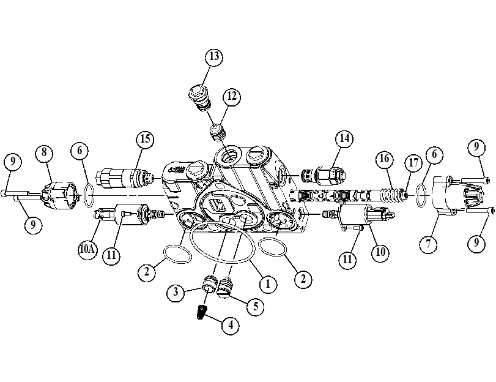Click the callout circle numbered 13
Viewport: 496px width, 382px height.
coord(214,57)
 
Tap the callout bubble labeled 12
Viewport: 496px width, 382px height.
coord(232,96)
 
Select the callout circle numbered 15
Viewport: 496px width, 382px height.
coord(145,139)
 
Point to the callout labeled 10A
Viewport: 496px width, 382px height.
coord(87,249)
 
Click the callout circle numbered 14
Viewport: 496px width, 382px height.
coord(344,138)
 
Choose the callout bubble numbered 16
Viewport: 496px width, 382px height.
coord(384,159)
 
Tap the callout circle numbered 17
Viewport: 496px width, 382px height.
coord(414,163)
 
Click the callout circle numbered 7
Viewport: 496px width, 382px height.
coord(428,244)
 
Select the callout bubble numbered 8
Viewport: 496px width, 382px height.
coord(44,152)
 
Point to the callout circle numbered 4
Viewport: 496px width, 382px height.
coord(231,325)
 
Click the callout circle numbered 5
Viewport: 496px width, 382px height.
coord(255,306)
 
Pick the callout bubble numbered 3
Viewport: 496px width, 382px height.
coord(176,292)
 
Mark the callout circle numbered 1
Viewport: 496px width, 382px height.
coord(268,284)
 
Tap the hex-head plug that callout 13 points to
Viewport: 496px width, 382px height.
coord(199,98)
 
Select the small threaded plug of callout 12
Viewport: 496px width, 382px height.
coord(218,132)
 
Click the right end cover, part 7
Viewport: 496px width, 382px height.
coord(456,196)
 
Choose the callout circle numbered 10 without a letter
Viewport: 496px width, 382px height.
coord(380,252)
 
